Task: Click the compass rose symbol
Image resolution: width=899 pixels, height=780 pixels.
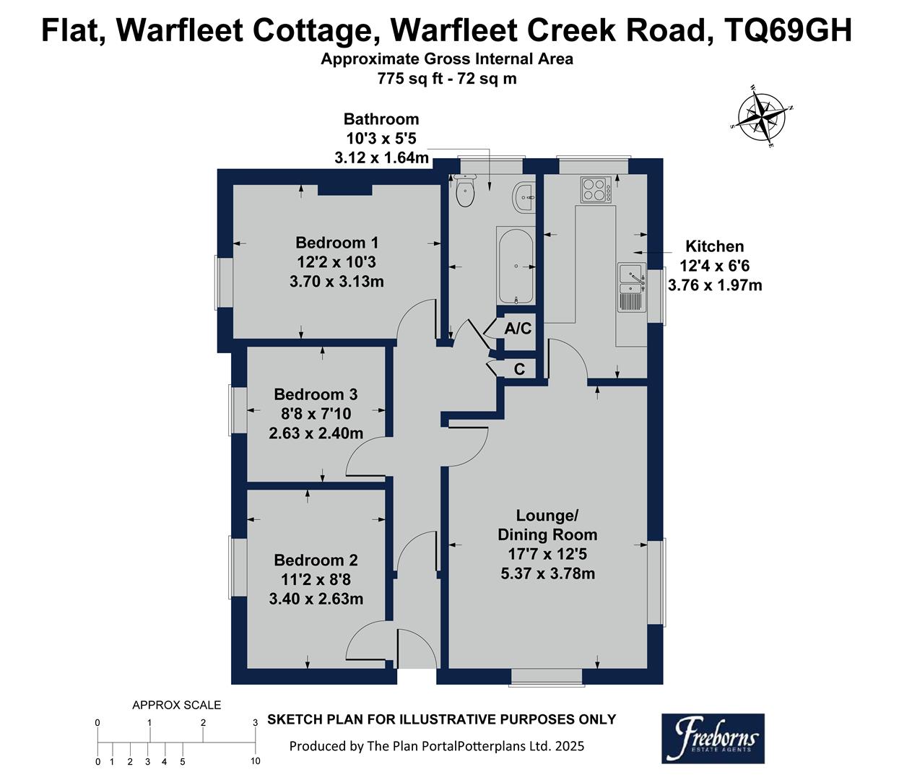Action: coord(763,117)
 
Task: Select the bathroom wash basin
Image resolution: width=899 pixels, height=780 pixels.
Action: coord(524,197)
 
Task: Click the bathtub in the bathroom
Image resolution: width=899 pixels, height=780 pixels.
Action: coord(515,266)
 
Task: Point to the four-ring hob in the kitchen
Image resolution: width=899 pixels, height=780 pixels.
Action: coord(596,189)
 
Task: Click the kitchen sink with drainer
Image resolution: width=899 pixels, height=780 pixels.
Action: coord(631,287)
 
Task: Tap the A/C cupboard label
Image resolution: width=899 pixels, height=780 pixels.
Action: coord(518,329)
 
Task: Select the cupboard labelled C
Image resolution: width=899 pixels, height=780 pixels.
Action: coord(518,369)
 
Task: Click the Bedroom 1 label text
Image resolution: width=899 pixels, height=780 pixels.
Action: coord(336,243)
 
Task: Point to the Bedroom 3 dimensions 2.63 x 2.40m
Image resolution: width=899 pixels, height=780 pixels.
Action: coord(316,433)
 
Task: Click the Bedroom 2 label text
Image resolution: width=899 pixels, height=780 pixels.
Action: coord(316,560)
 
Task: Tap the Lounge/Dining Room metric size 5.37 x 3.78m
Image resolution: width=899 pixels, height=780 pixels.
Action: coord(547,573)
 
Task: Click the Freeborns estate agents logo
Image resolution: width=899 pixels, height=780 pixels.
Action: coord(713,738)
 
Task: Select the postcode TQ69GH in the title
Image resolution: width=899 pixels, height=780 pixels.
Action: coord(789,30)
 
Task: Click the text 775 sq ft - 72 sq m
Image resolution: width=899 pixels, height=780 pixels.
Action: coord(447,79)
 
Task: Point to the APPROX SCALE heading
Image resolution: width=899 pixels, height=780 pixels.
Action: coord(176,705)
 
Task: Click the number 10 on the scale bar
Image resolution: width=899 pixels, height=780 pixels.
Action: coord(255,761)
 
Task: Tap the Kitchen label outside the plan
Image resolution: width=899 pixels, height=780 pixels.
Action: coord(714,246)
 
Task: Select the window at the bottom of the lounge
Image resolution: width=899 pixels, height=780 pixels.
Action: coord(547,677)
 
